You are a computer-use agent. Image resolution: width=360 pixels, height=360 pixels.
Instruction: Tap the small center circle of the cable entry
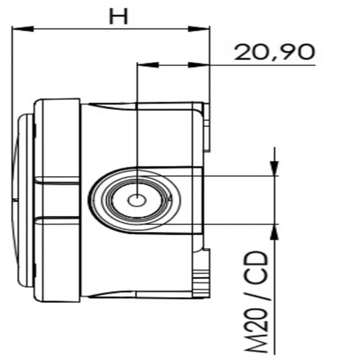[138, 200]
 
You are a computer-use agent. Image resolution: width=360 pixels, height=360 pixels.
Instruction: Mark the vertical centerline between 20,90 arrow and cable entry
[138, 126]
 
